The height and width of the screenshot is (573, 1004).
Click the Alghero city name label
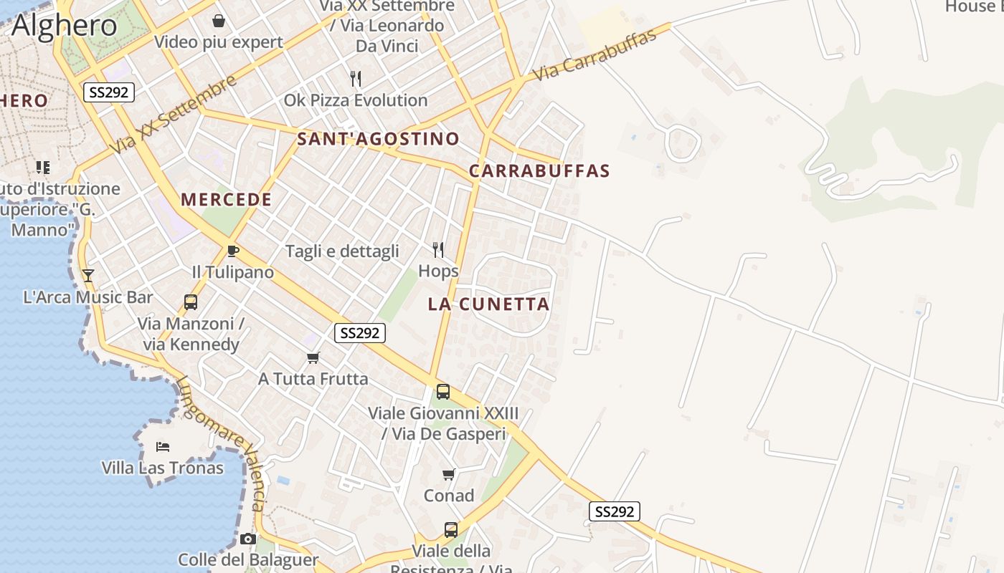64,25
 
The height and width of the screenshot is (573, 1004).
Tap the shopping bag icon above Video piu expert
219,20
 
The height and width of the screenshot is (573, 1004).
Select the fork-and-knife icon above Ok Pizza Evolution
356,78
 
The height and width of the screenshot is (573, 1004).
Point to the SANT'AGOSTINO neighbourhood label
378,139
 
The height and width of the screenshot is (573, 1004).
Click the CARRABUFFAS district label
539,171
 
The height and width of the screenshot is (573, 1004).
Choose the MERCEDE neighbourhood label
227,200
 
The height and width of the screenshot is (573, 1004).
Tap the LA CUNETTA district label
488,304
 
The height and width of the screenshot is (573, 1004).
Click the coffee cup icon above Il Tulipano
232,251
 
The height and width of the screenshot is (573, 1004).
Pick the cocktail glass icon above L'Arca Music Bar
88,275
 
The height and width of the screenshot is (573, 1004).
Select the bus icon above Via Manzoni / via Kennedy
191,302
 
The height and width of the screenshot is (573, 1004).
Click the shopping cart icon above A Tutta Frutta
313,357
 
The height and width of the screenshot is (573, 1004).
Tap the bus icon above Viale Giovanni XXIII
443,392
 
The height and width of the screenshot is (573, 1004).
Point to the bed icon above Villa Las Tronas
163,447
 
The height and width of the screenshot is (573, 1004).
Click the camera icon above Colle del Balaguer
248,539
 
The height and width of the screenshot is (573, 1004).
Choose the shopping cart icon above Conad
449,474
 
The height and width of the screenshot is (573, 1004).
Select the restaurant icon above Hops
438,249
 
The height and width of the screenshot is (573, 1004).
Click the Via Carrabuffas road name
596,55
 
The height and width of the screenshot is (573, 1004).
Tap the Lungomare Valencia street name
223,443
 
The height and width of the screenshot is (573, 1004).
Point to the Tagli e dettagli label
342,251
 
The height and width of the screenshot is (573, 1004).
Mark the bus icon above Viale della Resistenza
451,529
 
